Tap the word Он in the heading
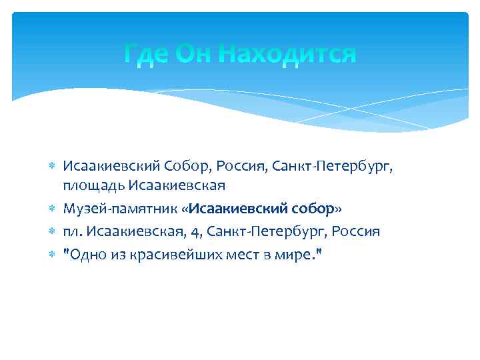pyautogui.click(x=195, y=53)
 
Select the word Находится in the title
pyautogui.click(x=289, y=53)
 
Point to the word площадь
pyautogui.click(x=93, y=185)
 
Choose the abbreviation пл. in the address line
pyautogui.click(x=72, y=232)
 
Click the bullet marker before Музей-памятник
pyautogui.click(x=53, y=209)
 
